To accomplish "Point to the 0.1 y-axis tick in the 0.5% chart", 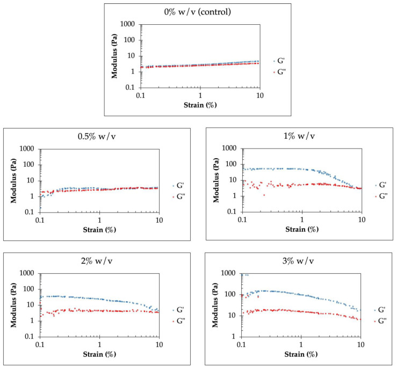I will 30,212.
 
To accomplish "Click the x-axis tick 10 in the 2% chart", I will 158,343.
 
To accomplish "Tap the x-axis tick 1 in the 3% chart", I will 301,343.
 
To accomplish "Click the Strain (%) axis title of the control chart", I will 200,103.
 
